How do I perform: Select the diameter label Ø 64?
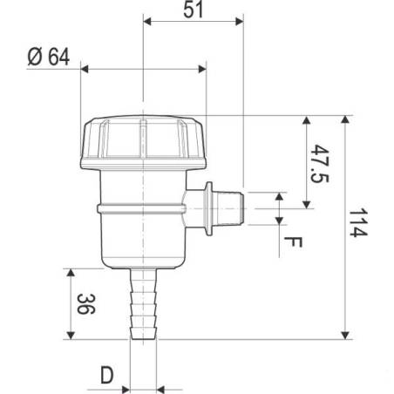(47, 58)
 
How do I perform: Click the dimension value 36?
(83, 303)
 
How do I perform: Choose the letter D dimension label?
(107, 377)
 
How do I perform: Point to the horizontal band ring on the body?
(139, 208)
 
